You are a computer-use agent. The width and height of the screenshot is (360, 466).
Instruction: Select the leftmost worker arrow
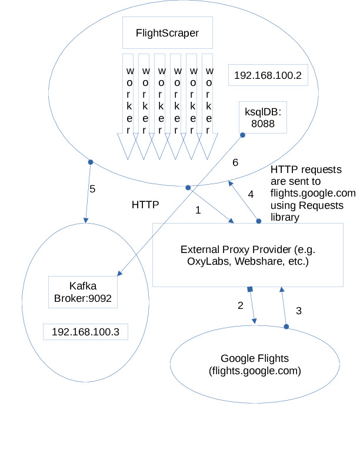click(x=128, y=106)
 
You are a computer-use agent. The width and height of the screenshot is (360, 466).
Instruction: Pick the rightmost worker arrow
click(x=208, y=106)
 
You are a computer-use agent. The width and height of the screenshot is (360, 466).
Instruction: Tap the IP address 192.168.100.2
click(x=268, y=75)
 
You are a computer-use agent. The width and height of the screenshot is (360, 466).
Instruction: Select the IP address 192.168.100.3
click(x=86, y=331)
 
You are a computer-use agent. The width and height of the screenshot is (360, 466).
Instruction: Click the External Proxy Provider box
click(x=248, y=255)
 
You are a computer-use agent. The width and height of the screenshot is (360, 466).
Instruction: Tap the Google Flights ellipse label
click(x=255, y=365)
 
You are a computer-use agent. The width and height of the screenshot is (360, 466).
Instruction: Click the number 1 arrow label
click(x=198, y=210)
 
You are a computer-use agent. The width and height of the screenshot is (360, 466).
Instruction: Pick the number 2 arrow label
click(x=240, y=305)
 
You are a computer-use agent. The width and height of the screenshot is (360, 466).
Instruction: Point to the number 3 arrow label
click(x=298, y=311)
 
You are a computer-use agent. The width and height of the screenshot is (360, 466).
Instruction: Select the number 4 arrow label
click(x=250, y=194)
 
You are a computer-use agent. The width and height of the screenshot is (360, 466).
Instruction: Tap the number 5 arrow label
click(x=92, y=189)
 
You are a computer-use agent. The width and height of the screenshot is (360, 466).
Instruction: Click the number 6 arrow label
click(x=235, y=162)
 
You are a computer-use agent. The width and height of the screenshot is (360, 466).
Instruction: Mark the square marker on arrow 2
click(x=250, y=289)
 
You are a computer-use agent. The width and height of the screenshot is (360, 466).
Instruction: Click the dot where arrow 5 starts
click(x=90, y=162)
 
